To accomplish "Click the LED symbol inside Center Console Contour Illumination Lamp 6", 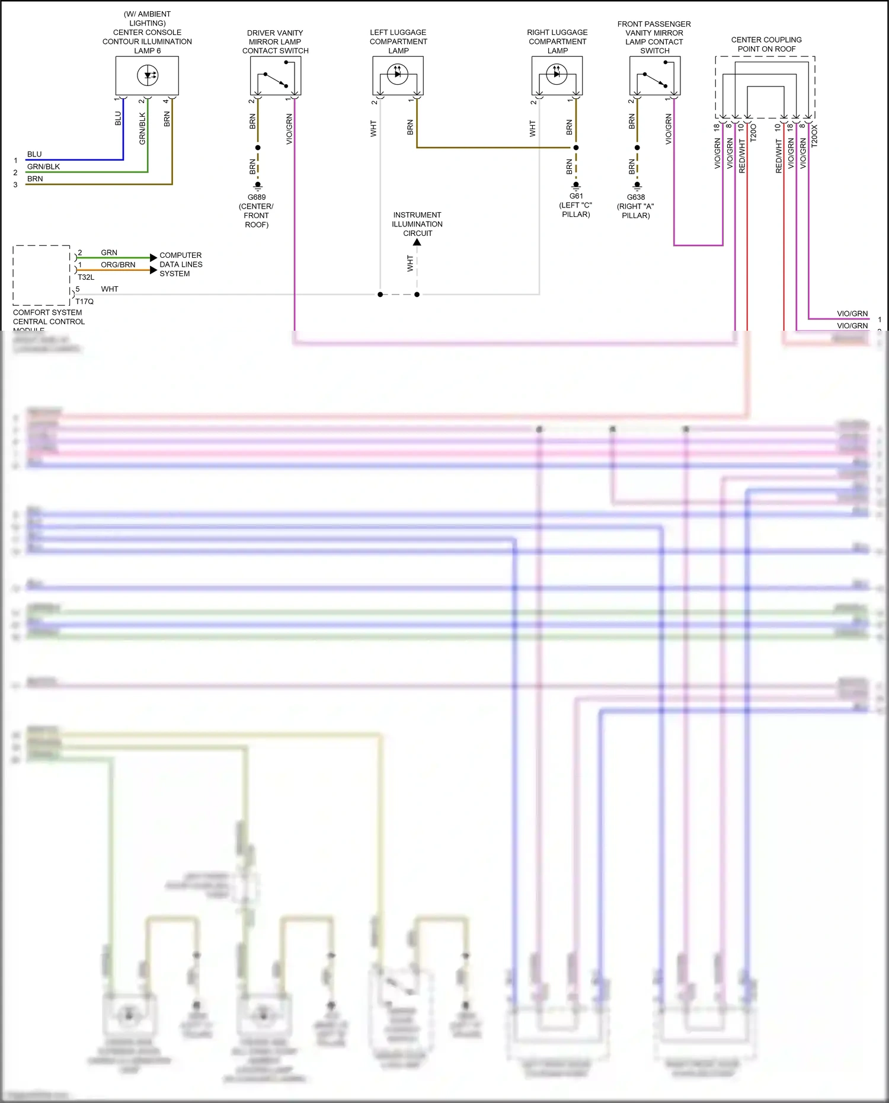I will click(x=148, y=75).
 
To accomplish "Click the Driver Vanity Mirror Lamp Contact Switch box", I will click(x=276, y=76).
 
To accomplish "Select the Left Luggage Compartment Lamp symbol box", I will click(x=398, y=75).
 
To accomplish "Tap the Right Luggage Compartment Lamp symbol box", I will click(x=557, y=75).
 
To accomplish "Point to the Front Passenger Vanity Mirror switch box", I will click(x=654, y=76).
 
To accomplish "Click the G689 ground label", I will click(x=257, y=197).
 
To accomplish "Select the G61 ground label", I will click(x=576, y=196).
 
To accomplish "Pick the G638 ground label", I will click(x=636, y=197).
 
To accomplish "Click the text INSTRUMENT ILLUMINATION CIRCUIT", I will click(x=417, y=224).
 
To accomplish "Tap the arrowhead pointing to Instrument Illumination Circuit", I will click(x=417, y=242).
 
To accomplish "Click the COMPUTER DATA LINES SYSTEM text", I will click(x=181, y=264).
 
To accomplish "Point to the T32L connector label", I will click(x=86, y=277).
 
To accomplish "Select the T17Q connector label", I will click(x=85, y=302).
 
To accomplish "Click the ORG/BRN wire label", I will click(x=118, y=265).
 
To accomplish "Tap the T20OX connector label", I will click(x=814, y=136).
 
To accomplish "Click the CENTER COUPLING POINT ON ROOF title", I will click(x=766, y=44).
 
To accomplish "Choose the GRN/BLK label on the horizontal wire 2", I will click(x=43, y=167).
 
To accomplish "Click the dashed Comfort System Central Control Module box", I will click(x=41, y=275).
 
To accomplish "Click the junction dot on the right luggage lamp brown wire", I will click(x=576, y=148).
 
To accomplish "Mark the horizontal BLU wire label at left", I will click(x=34, y=154).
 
